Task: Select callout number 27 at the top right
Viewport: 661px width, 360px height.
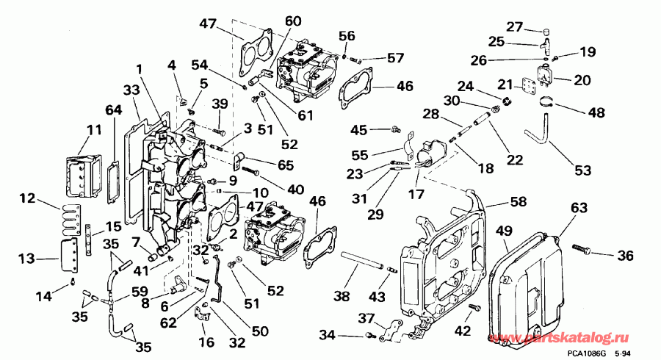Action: coord(513,27)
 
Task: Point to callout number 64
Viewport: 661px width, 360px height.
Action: coord(112,111)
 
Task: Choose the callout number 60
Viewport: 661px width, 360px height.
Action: coord(292,22)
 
